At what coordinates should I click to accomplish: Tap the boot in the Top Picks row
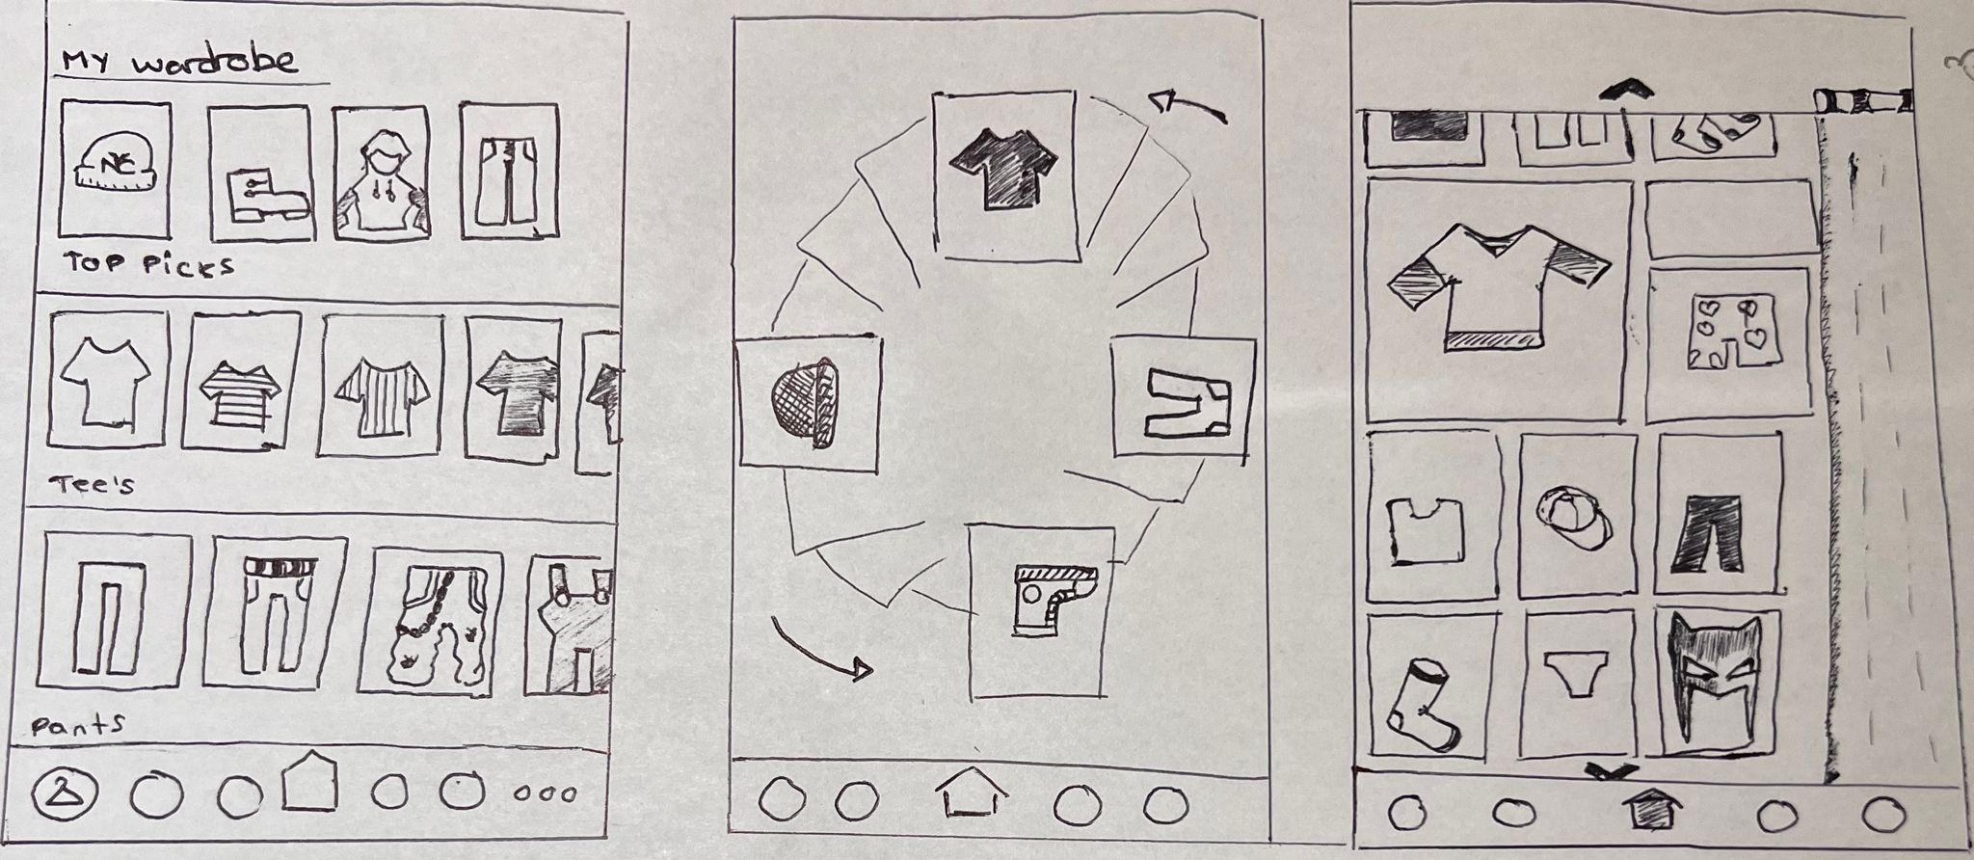point(266,196)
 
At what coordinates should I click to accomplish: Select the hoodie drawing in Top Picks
point(381,183)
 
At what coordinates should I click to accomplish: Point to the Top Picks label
point(149,263)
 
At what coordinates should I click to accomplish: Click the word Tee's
point(93,485)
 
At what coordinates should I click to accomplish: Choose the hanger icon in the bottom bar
point(62,793)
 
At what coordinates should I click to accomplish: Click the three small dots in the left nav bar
point(545,795)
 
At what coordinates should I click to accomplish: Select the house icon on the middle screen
point(972,798)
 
